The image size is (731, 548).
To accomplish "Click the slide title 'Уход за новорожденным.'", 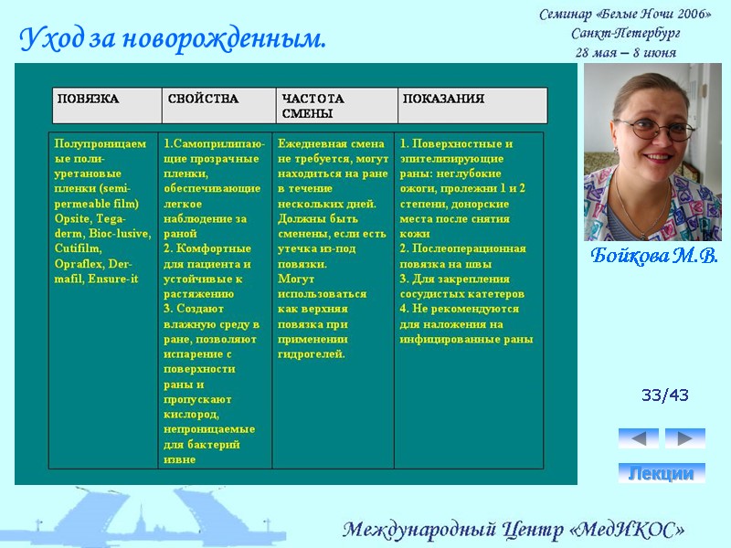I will point(173,40).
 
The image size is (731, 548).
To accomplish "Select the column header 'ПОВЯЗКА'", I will point(89,99).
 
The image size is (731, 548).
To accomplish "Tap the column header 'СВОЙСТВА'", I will point(203,99).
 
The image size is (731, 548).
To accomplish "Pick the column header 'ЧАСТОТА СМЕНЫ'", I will point(313,106).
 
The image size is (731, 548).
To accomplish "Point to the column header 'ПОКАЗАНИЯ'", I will point(444,99).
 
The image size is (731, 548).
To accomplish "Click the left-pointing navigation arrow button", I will point(638,437).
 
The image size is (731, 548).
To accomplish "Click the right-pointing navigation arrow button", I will point(684,437).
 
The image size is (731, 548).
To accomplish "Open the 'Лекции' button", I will point(662,473).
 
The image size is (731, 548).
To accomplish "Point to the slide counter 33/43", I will point(664,395).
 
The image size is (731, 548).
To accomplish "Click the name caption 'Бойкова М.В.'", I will point(653,254).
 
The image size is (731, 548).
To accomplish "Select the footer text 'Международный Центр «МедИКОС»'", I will point(514,530).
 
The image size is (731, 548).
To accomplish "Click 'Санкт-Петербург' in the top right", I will point(626,34).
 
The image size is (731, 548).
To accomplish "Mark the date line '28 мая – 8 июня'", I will point(626,52).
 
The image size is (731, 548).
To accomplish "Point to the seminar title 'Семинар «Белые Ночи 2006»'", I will point(626,15).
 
